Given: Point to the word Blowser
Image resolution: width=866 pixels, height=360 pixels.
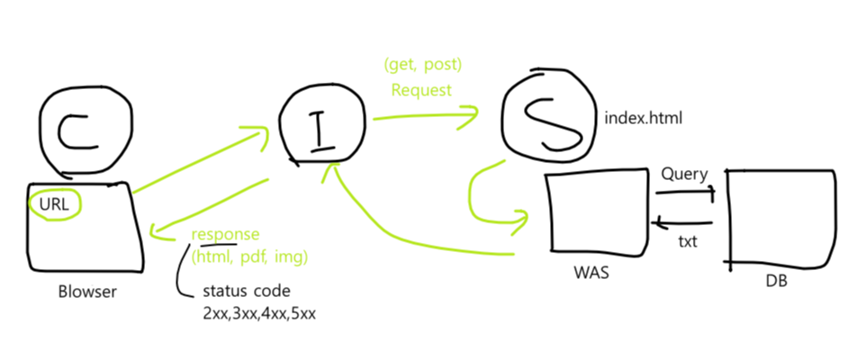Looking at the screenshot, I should click(88, 291).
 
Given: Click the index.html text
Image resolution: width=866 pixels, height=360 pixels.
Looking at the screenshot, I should click(639, 117).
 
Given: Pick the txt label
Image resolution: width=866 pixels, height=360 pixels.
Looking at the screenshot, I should click(688, 242).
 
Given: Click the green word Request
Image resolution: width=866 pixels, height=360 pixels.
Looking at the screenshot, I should click(421, 90).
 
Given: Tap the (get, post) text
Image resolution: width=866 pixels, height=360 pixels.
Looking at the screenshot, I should click(421, 66).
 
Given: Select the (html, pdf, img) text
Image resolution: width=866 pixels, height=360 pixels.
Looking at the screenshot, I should click(249, 256).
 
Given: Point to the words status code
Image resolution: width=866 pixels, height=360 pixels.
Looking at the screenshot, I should click(247, 293).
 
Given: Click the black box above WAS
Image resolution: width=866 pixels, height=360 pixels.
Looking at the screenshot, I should click(597, 210).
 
